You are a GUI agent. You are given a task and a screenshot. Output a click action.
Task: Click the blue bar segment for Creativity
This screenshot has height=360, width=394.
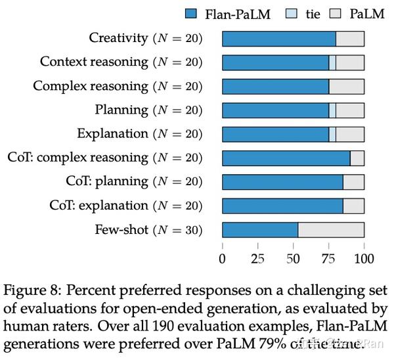point(278,38)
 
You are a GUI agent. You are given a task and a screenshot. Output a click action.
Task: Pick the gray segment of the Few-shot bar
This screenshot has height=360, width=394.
point(331,230)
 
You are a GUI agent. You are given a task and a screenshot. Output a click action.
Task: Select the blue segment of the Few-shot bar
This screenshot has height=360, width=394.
point(260,230)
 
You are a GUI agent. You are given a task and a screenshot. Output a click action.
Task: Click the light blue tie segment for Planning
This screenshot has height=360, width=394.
point(332,110)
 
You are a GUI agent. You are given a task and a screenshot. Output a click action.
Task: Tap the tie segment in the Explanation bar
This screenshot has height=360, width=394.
point(332,134)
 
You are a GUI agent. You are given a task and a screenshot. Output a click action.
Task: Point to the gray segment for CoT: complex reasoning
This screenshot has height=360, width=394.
point(357,158)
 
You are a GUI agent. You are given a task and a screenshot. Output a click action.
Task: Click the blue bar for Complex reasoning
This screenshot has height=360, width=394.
point(275,86)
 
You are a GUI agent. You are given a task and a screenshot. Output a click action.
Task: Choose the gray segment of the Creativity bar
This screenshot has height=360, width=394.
point(350,38)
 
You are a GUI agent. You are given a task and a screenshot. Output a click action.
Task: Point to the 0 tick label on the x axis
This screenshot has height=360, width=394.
point(223,258)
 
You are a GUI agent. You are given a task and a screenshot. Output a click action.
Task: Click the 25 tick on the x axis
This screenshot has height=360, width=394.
point(258,258)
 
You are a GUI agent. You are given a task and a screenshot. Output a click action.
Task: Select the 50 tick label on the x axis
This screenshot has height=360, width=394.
point(294,258)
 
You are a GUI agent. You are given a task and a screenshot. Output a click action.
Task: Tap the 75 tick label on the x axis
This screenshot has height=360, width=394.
point(329,258)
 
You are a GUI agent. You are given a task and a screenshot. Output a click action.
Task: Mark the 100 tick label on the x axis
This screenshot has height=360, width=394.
point(364,258)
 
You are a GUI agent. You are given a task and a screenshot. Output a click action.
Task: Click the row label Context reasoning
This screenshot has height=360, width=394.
point(94,62)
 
